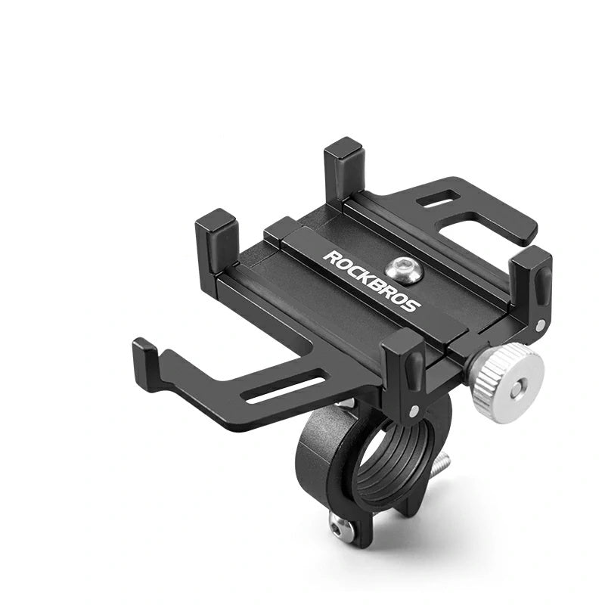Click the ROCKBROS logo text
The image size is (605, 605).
click(x=372, y=281)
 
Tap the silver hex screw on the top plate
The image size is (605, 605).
click(x=404, y=269)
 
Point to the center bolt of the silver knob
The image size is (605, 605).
click(x=517, y=388)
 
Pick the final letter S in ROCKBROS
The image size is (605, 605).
click(x=412, y=306)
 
